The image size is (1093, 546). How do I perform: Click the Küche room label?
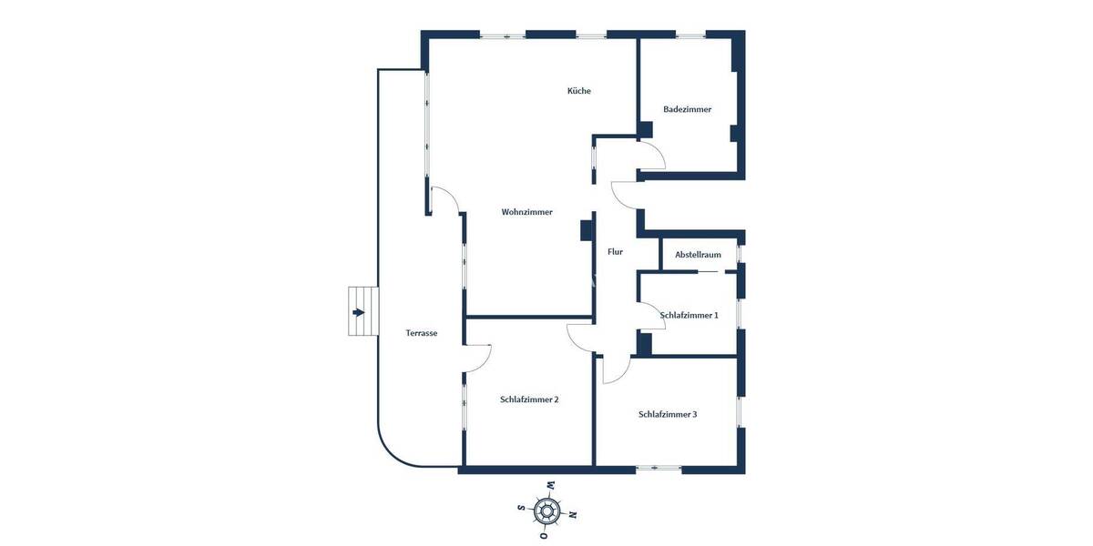click(578, 91)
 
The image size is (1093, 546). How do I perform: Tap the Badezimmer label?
click(687, 109)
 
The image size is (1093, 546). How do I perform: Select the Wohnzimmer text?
click(526, 212)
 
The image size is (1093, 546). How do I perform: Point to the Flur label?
click(615, 251)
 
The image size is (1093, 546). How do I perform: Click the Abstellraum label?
click(698, 255)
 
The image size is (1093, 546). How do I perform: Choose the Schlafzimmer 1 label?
click(689, 315)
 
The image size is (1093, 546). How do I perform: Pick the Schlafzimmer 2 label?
click(528, 399)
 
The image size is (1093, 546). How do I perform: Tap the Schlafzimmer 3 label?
click(668, 414)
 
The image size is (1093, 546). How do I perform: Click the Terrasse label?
click(421, 333)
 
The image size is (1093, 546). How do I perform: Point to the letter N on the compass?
click(573, 514)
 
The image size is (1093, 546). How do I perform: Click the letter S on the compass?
click(521, 507)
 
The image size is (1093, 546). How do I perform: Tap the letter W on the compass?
click(550, 484)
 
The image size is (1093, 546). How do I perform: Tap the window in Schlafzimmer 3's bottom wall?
click(659, 469)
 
